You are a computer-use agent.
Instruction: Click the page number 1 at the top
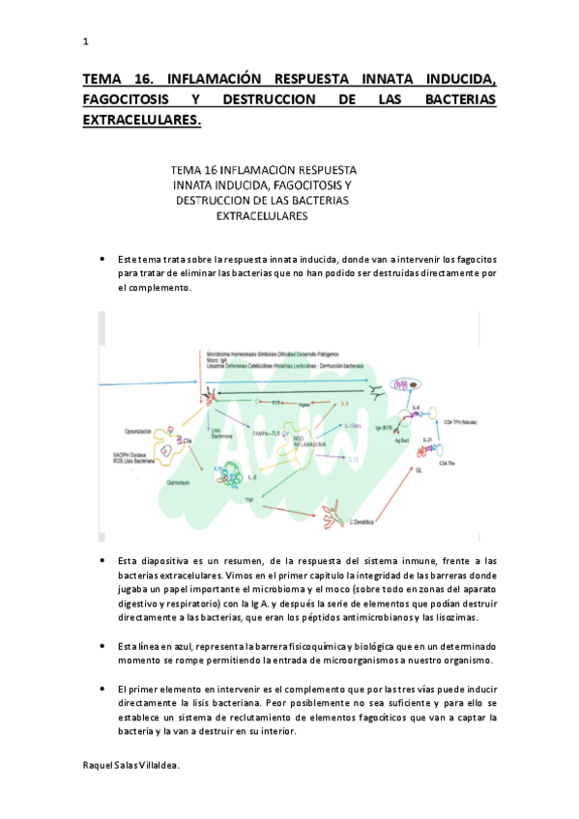click(x=86, y=42)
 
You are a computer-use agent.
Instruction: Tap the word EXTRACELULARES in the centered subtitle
click(x=261, y=216)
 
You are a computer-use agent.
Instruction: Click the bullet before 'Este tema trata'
click(x=102, y=260)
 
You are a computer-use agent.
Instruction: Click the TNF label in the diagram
click(x=248, y=498)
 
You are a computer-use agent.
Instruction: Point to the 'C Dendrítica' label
click(x=362, y=522)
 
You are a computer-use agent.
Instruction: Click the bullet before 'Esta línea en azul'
click(x=102, y=645)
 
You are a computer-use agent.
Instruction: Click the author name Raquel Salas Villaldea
click(x=131, y=764)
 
